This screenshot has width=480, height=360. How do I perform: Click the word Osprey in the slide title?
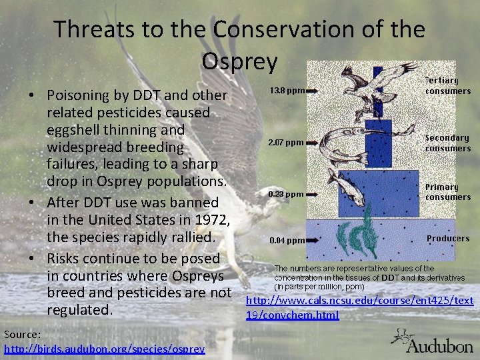(x=239, y=61)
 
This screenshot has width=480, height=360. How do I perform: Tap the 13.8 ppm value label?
(x=287, y=90)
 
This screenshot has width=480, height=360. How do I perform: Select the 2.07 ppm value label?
(x=286, y=143)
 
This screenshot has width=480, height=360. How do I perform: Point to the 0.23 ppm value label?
(x=286, y=194)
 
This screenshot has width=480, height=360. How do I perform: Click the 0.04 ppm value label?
(x=287, y=240)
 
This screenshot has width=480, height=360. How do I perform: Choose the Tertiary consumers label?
(x=448, y=85)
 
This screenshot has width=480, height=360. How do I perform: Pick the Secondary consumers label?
(x=447, y=143)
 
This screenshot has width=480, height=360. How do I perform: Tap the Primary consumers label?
(x=448, y=192)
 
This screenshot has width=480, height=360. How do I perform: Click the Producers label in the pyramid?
(x=448, y=238)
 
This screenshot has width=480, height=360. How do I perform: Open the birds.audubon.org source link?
(x=104, y=349)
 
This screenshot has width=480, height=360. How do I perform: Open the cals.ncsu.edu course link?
(x=360, y=308)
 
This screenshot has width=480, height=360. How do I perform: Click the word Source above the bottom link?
(x=22, y=333)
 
